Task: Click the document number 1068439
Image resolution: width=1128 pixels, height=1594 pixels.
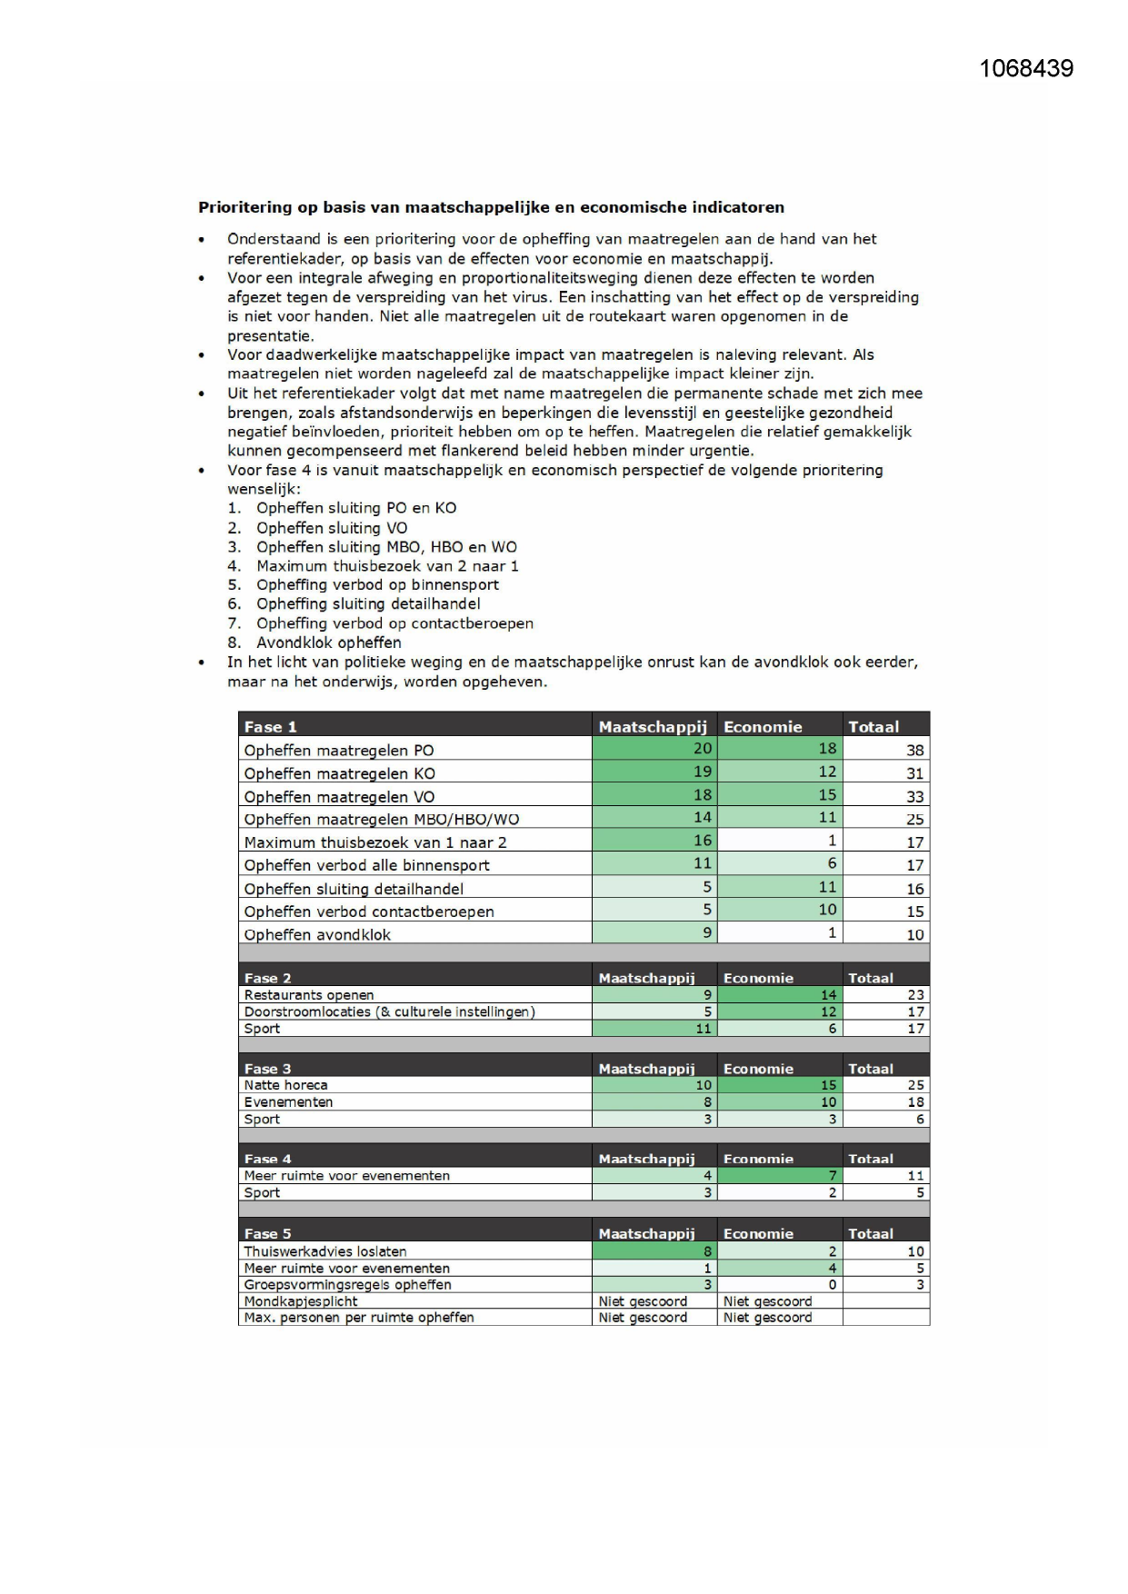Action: (x=1026, y=69)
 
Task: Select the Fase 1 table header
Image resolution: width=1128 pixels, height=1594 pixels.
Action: (x=270, y=726)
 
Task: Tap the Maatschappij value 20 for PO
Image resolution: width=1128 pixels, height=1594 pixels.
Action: (x=703, y=749)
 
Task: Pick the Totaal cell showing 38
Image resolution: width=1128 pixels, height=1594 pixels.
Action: (x=914, y=750)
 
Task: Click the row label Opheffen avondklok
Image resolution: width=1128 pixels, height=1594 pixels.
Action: (x=317, y=934)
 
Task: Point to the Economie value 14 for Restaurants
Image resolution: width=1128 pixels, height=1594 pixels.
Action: (x=828, y=995)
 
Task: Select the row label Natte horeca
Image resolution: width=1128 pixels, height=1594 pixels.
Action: (x=285, y=1085)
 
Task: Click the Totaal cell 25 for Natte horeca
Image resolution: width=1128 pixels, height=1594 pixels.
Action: (x=915, y=1085)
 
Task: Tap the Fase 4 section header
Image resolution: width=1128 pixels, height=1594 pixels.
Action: (x=267, y=1159)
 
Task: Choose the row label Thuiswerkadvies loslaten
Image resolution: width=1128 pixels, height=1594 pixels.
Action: (x=324, y=1251)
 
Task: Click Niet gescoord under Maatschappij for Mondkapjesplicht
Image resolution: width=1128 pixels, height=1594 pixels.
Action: (x=643, y=1301)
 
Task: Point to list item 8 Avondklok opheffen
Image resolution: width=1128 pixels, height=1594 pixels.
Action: (x=328, y=643)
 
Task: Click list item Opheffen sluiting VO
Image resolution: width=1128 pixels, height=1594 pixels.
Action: (x=332, y=528)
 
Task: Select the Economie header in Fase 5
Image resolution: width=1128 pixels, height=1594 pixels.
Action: (x=758, y=1233)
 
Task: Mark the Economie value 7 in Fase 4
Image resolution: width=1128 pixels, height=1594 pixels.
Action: (x=832, y=1176)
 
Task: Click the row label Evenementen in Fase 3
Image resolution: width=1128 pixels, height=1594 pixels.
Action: (x=288, y=1102)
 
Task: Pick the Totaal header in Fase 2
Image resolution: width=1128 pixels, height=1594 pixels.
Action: (x=870, y=978)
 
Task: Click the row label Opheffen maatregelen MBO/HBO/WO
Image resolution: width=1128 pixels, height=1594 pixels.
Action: (x=381, y=819)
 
